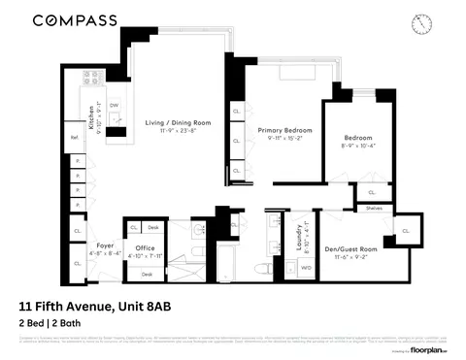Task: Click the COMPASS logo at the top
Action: (x=75, y=19)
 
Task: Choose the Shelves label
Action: (x=375, y=208)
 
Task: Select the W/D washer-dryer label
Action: (x=307, y=267)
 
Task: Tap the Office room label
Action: (x=143, y=246)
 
